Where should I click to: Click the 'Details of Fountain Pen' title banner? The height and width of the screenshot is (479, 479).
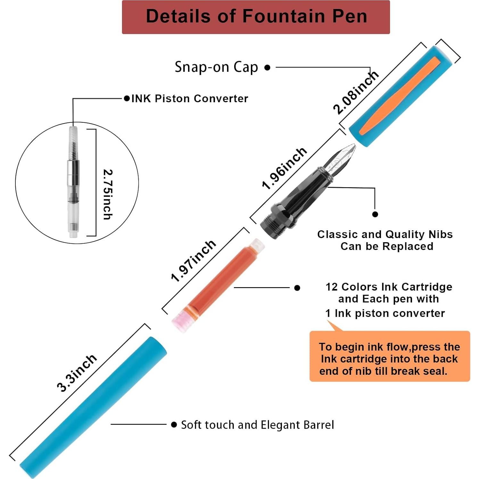(256, 17)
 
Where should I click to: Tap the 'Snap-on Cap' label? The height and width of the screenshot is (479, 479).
(216, 67)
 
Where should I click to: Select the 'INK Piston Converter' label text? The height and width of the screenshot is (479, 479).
(190, 98)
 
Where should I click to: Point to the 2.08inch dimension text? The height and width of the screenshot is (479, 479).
(356, 93)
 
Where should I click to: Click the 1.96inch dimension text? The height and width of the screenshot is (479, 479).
(285, 169)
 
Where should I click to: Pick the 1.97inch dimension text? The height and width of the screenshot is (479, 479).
(194, 261)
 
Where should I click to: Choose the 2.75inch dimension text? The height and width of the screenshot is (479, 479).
(108, 194)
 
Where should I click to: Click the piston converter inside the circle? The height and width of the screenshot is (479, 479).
(73, 182)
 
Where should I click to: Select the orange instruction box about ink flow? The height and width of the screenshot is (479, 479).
(390, 356)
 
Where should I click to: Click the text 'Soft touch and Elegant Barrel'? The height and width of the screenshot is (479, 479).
(258, 425)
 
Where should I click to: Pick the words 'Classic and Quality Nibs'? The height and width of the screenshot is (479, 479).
(385, 235)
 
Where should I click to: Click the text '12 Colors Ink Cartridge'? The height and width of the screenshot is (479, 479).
(389, 287)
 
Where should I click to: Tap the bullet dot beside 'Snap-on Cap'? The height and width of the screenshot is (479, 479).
(268, 68)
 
